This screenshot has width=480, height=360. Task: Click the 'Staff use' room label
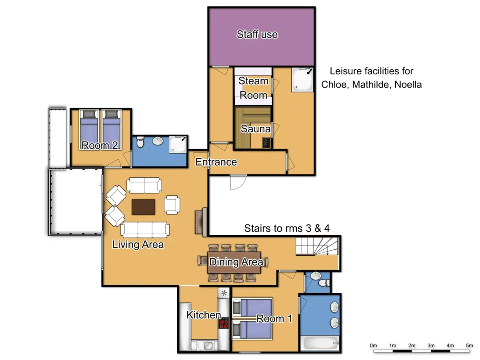click(x=257, y=34)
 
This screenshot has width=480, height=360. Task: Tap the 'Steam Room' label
click(x=253, y=88)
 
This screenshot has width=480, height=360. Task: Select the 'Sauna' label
click(x=255, y=129)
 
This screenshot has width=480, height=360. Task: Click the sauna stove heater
click(x=266, y=143)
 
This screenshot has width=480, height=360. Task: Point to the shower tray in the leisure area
click(x=302, y=80)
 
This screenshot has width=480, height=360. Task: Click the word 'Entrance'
click(x=216, y=162)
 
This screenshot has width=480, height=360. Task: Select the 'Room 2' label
click(x=100, y=146)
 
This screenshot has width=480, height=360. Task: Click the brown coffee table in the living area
click(x=143, y=207)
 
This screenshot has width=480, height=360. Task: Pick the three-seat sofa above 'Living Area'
click(x=145, y=230)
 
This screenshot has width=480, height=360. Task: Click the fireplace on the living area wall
click(x=201, y=222)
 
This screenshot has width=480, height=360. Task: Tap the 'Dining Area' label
click(x=236, y=262)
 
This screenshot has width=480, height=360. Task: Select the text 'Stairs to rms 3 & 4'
click(x=286, y=228)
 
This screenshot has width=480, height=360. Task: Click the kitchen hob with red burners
click(x=224, y=323)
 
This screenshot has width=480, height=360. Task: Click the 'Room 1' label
click(x=274, y=319)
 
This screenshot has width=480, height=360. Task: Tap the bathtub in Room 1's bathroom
click(x=320, y=343)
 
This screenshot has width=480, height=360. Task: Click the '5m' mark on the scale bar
click(x=469, y=345)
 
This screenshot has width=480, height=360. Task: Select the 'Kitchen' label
click(x=204, y=315)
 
